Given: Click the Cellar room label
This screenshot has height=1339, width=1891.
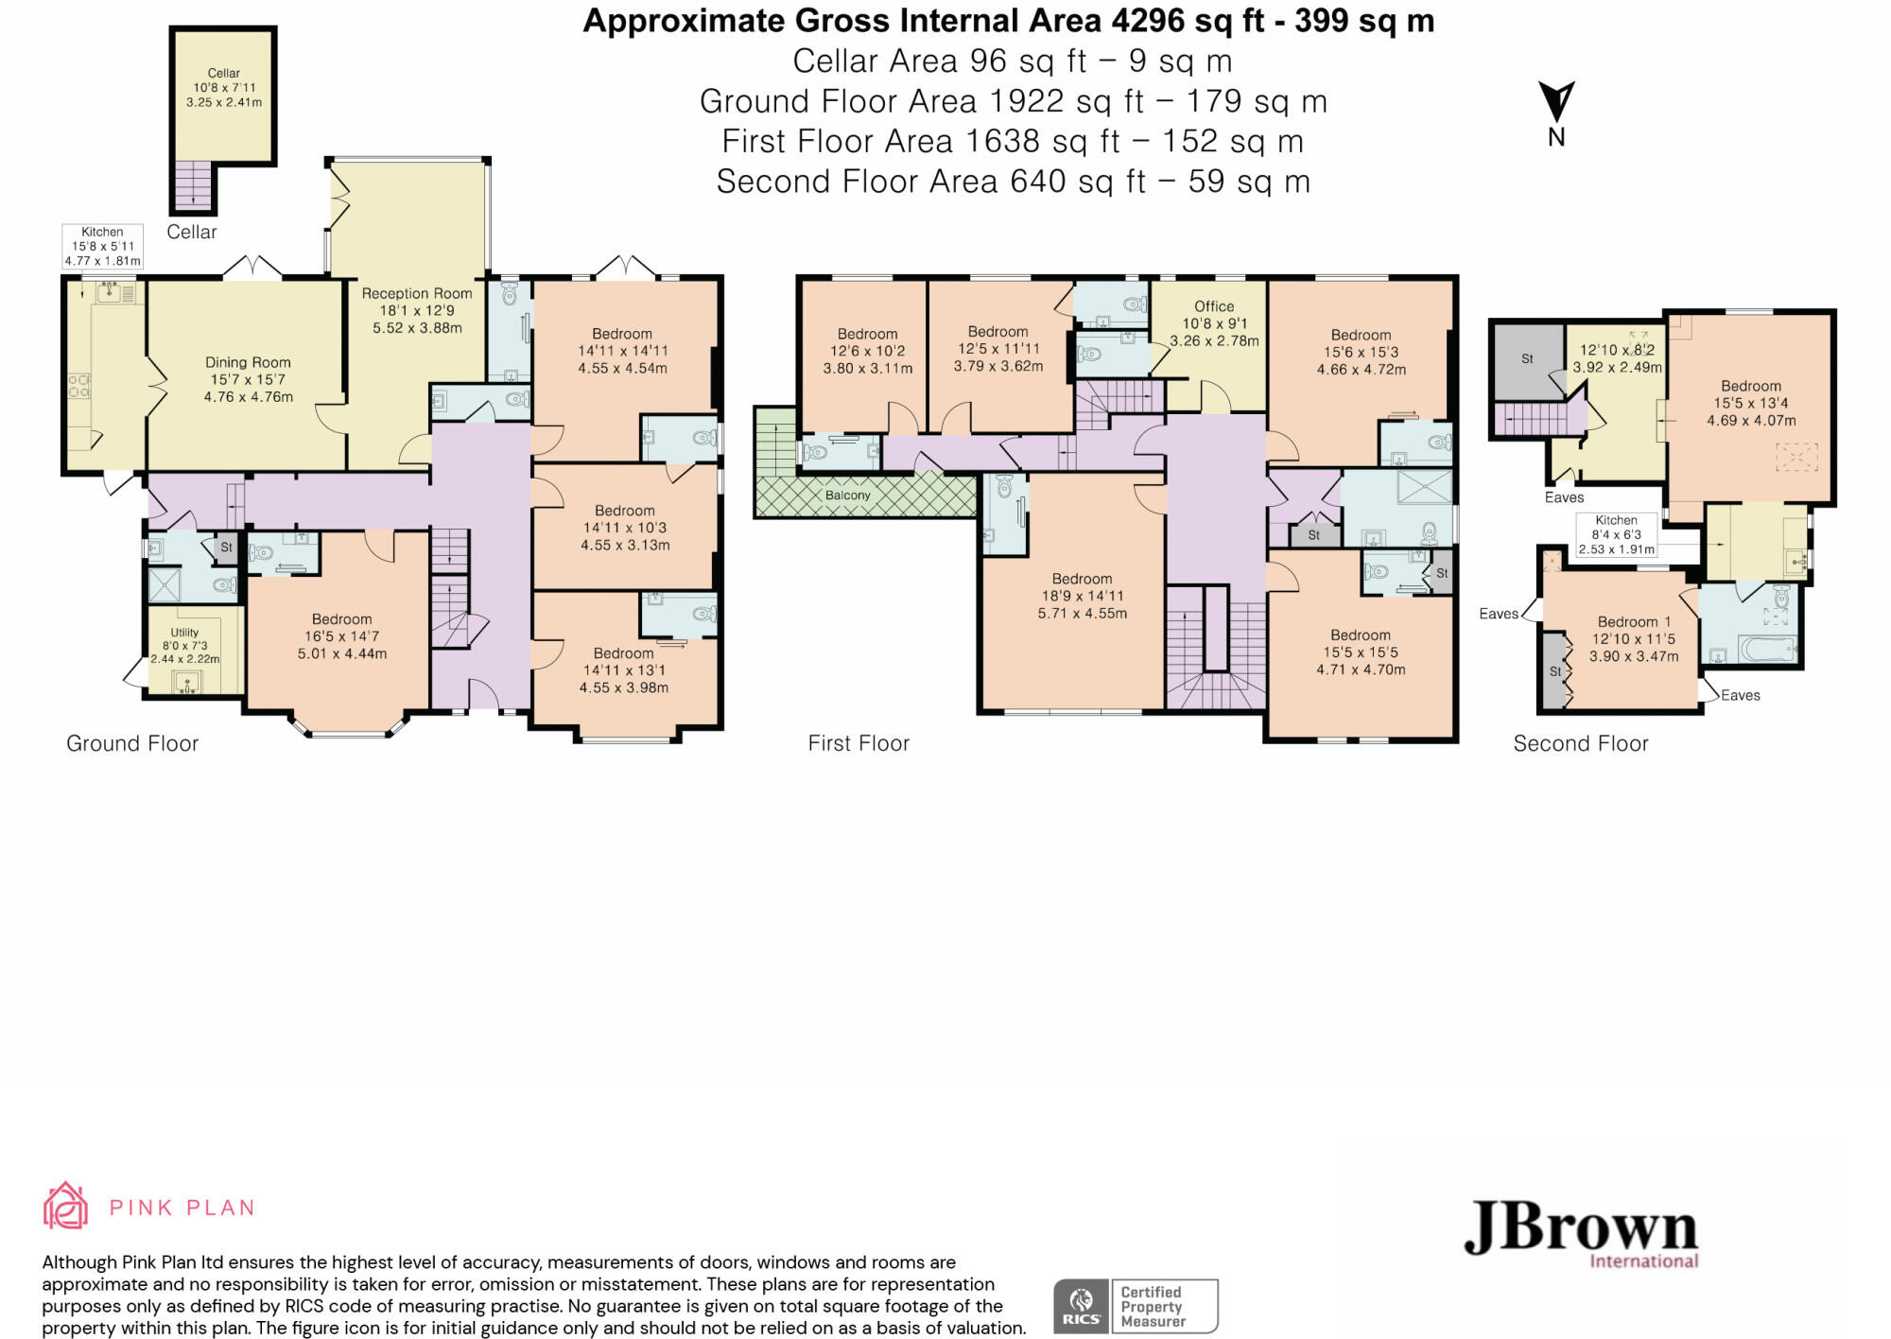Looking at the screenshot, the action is [224, 73].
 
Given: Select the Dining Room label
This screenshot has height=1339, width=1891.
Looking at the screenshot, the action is [248, 362].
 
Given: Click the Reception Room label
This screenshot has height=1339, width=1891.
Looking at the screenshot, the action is [417, 293].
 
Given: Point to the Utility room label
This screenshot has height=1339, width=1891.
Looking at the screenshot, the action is [184, 633].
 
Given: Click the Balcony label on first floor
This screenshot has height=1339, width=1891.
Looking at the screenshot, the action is [847, 496].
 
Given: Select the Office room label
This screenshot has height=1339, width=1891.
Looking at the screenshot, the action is [1214, 306].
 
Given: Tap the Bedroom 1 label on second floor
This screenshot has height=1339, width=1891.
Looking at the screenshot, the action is [1634, 621].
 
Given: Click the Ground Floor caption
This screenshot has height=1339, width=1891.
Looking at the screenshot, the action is [132, 743].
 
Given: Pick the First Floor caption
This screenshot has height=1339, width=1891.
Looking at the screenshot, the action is [859, 743].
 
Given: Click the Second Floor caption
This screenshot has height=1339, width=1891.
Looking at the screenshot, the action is [1581, 743].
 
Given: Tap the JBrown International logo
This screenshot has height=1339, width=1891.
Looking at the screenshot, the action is [1581, 1234].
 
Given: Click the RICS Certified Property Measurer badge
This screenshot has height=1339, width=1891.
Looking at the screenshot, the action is [1136, 1306].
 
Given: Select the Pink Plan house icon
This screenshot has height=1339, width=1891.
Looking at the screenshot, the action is [65, 1206].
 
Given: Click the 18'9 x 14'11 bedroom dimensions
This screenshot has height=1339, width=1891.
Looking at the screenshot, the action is [1083, 596].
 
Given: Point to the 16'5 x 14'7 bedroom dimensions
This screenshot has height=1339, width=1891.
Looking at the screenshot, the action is [342, 636].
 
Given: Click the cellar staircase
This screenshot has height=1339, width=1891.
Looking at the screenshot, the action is [193, 184].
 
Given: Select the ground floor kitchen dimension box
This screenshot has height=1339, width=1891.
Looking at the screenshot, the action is [102, 246].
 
